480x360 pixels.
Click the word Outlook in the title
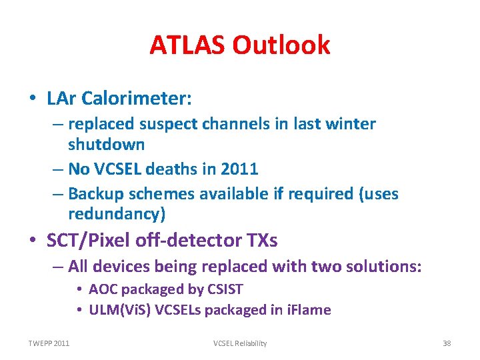(281, 45)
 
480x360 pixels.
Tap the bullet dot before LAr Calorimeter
(33, 99)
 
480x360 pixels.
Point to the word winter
(351, 124)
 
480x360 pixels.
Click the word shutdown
(107, 144)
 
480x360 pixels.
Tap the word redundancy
(114, 214)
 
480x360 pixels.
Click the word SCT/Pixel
(91, 240)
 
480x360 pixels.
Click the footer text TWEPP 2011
(48, 343)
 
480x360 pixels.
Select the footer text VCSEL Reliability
(240, 343)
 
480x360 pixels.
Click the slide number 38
(447, 343)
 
